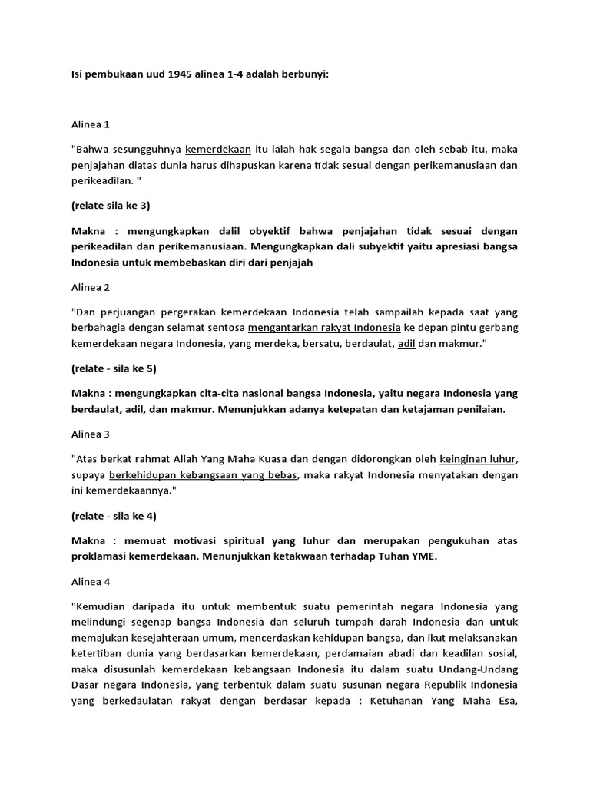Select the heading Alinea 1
pos(91,124)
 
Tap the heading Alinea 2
pos(91,287)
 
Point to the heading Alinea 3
pos(91,434)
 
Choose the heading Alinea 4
pos(91,581)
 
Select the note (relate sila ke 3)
pos(112,206)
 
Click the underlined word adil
pos(406,344)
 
